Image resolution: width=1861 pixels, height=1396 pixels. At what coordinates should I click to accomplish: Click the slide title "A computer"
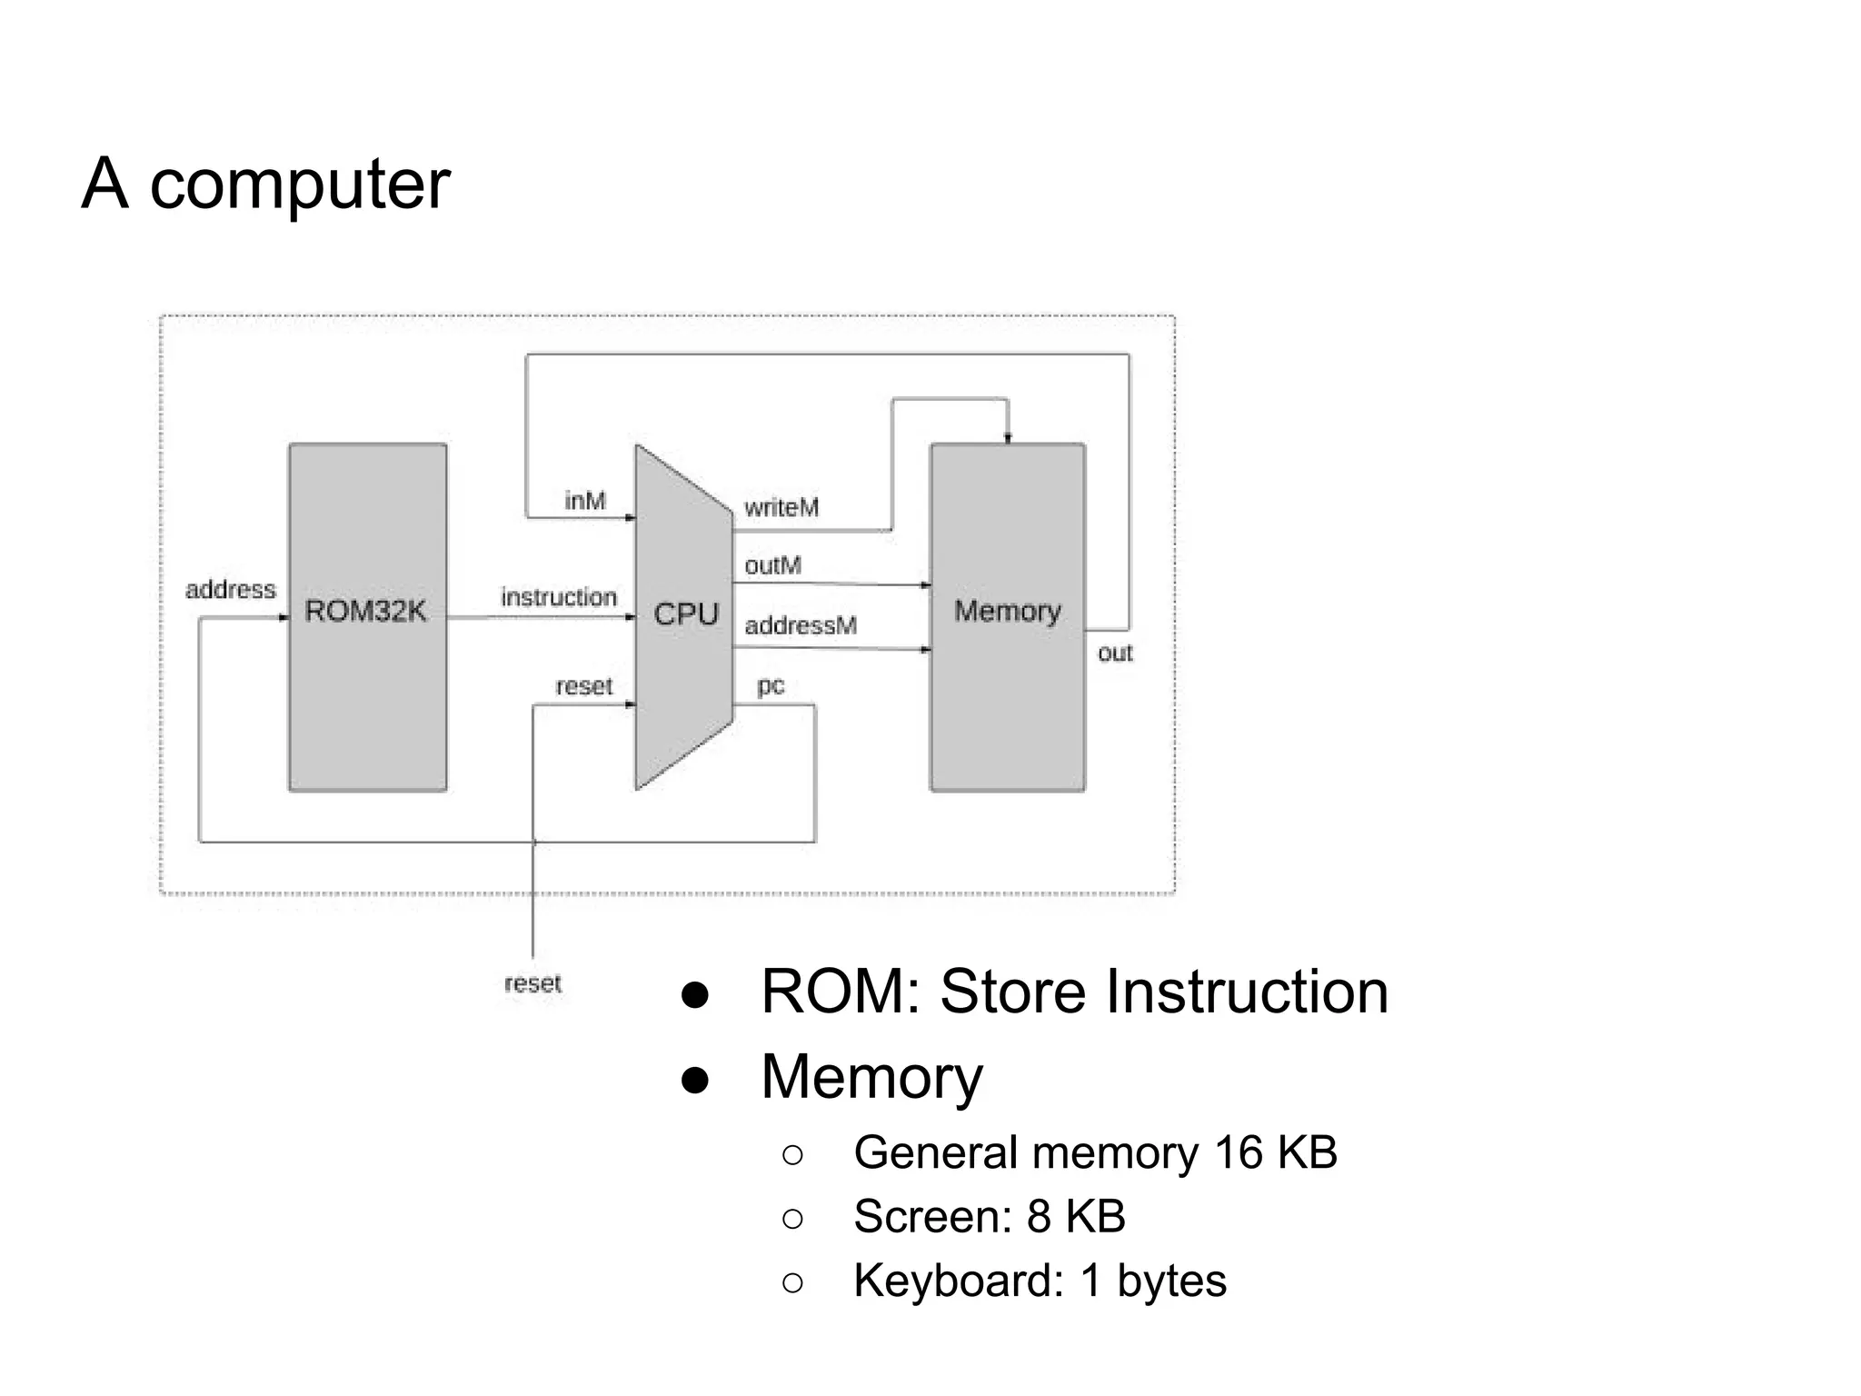pos(265,184)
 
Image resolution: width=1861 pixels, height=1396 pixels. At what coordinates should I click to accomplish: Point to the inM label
pos(585,501)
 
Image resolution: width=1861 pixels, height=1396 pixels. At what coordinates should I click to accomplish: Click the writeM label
pos(781,507)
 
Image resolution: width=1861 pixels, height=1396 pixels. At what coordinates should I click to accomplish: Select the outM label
pos(772,565)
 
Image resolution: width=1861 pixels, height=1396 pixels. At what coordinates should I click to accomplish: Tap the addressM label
pos(801,625)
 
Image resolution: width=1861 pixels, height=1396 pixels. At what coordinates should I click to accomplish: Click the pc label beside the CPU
pos(771,686)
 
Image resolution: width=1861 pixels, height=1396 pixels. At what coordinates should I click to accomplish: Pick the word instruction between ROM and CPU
pos(559,597)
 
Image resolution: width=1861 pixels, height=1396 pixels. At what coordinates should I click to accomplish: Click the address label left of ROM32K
pos(230,590)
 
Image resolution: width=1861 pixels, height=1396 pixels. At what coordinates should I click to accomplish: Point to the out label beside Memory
pos(1115,653)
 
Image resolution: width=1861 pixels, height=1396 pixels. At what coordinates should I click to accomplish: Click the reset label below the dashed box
pos(532,983)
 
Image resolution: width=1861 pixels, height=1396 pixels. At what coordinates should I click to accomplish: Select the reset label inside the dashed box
pos(584,686)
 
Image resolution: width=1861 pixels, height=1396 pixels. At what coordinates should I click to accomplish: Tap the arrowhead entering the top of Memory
pos(1008,438)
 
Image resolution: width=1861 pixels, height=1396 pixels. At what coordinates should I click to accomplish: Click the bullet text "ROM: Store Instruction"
pos(1074,992)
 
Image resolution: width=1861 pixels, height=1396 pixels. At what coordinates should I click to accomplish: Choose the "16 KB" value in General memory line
pos(1275,1152)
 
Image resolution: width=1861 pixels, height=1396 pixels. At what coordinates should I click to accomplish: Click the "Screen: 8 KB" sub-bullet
pos(989,1216)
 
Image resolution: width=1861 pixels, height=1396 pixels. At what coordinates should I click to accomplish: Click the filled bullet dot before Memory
pos(695,1080)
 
